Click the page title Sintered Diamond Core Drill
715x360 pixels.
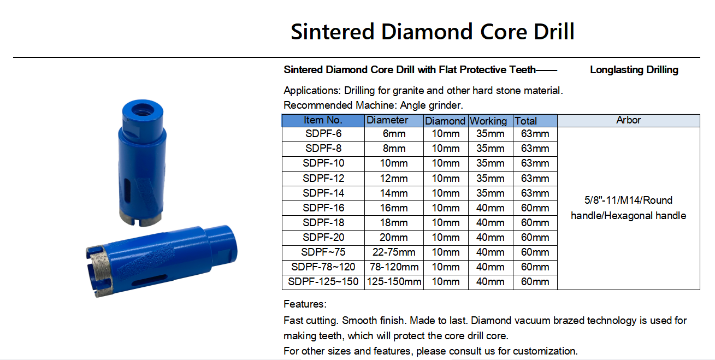click(x=433, y=32)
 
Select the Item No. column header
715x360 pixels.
click(x=323, y=120)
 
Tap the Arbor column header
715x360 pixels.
click(x=629, y=120)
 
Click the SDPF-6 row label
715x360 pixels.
click(x=323, y=134)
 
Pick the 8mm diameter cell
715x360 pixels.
click(x=394, y=149)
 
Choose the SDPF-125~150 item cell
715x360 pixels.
click(x=323, y=282)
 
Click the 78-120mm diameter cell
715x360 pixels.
click(x=394, y=267)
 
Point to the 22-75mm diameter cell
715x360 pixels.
click(x=394, y=252)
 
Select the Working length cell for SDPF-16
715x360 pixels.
click(x=491, y=208)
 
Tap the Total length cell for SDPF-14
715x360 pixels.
click(x=535, y=193)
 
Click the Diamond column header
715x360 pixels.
click(x=445, y=121)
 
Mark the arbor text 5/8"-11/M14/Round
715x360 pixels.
click(x=629, y=200)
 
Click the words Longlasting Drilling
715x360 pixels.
click(x=634, y=70)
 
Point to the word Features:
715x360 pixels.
click(x=305, y=304)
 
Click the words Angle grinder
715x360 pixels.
click(x=431, y=105)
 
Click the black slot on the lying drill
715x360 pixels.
click(x=149, y=280)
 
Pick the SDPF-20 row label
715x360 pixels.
click(x=323, y=238)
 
